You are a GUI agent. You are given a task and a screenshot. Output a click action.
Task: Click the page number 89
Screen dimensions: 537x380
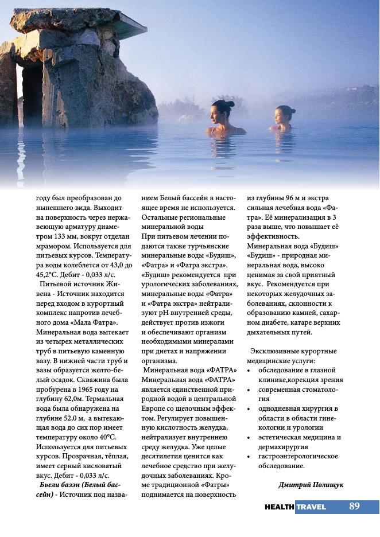tap(354, 506)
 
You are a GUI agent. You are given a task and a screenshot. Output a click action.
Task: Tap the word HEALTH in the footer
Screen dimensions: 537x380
tap(280, 507)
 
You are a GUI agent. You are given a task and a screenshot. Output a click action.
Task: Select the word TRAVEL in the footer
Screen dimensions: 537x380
tap(311, 507)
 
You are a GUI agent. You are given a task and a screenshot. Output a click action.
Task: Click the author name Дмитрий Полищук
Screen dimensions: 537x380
tap(311, 485)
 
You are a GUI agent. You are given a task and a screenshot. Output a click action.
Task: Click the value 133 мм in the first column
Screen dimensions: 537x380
tap(68, 237)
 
